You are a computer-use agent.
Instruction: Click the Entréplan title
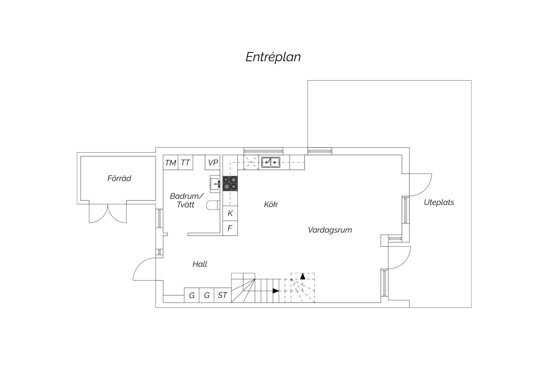[273, 57]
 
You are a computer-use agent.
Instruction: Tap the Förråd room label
[119, 178]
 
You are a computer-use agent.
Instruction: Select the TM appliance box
[171, 163]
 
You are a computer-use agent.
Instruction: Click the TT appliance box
[185, 163]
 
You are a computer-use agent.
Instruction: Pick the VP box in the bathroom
[213, 163]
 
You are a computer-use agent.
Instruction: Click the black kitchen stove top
[230, 183]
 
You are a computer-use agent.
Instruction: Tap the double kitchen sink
[271, 162]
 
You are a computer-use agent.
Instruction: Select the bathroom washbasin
[215, 184]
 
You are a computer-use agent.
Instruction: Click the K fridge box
[230, 213]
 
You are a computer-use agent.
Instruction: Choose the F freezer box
[230, 228]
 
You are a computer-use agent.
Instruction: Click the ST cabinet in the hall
[222, 295]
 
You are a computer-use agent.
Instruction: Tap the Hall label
[200, 264]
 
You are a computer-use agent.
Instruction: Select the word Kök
[271, 204]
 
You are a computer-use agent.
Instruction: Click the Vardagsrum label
[330, 230]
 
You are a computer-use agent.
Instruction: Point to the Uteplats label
[439, 202]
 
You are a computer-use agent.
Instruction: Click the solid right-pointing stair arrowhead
[276, 291]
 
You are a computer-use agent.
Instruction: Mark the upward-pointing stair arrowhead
[302, 276]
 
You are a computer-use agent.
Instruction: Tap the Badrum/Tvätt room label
[187, 200]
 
